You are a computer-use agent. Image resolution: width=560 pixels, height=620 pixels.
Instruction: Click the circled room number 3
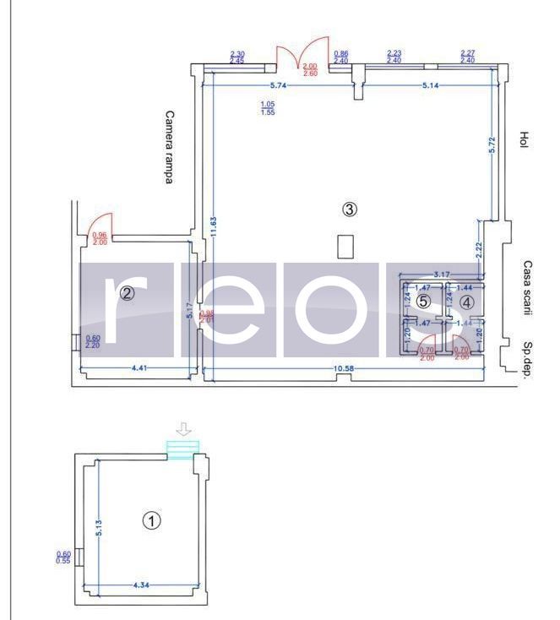click(x=350, y=209)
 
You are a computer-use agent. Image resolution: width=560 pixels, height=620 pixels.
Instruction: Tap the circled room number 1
click(x=152, y=520)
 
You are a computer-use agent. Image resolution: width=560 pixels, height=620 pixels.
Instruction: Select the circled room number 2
click(x=127, y=294)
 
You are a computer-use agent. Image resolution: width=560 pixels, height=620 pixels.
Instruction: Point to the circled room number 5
click(x=424, y=301)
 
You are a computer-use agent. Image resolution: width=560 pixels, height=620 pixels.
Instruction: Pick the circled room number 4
click(x=467, y=301)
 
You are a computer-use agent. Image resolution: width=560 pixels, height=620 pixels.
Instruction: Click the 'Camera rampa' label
click(x=170, y=148)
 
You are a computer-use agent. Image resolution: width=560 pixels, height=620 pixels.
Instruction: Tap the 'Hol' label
click(x=524, y=140)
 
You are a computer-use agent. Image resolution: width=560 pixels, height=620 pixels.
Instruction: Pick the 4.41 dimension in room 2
click(x=141, y=368)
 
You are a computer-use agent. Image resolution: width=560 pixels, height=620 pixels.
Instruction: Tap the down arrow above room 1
click(x=183, y=430)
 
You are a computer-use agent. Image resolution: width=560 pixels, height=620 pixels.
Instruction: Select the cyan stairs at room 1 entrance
click(x=183, y=450)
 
